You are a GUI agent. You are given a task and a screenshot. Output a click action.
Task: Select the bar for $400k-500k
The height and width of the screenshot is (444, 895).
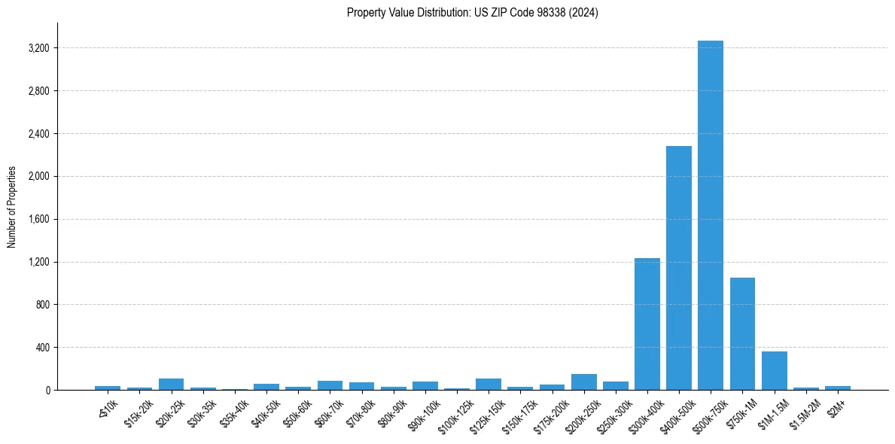(679, 268)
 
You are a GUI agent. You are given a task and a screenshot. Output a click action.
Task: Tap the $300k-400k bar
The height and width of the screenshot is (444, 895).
(647, 324)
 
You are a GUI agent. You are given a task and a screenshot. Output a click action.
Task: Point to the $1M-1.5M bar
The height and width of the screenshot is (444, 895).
(775, 370)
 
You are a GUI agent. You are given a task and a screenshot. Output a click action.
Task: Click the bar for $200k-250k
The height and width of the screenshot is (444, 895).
(584, 382)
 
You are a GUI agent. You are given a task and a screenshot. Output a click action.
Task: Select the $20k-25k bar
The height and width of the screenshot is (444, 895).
(172, 384)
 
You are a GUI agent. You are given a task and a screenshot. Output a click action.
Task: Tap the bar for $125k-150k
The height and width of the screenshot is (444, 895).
(489, 384)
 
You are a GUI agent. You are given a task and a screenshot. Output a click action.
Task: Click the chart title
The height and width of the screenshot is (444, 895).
(473, 13)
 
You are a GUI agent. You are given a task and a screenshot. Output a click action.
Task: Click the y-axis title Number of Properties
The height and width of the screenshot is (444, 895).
(12, 206)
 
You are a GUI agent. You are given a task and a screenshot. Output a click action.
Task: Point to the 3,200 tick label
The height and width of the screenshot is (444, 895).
(38, 48)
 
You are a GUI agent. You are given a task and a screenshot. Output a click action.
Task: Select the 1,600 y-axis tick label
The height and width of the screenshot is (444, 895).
(38, 220)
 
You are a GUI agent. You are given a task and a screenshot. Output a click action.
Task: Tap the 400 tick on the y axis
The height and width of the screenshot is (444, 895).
(42, 348)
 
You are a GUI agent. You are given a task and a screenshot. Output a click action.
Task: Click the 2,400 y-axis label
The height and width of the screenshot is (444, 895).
(38, 134)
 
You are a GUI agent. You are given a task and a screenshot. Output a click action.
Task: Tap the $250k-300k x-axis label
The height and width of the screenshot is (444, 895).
(613, 413)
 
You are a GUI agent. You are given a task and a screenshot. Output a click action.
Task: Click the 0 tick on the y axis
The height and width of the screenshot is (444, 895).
(47, 391)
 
